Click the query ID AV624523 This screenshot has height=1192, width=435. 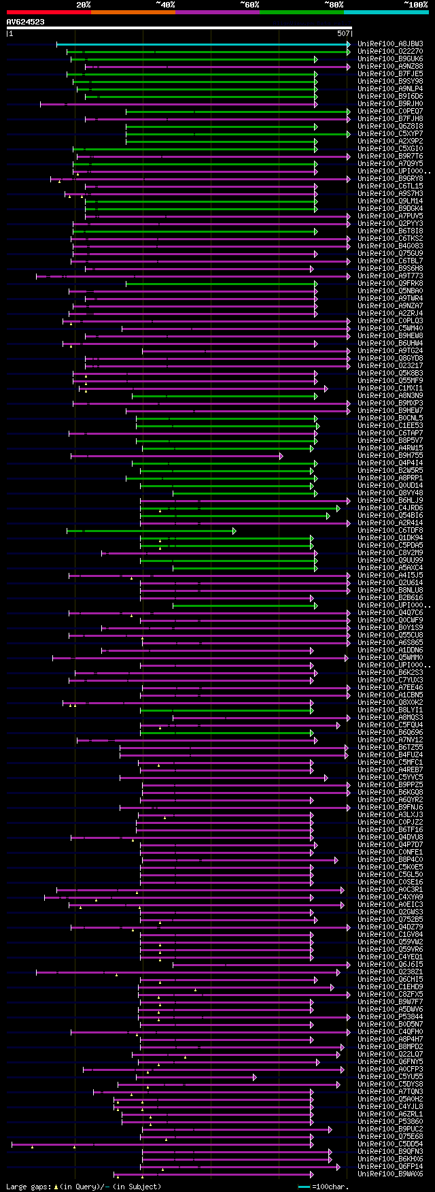[26, 22]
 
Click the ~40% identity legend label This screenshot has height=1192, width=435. [165, 5]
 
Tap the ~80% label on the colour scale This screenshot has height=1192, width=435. [334, 5]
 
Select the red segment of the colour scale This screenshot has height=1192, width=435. [48, 12]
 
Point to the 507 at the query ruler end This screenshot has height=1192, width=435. [343, 33]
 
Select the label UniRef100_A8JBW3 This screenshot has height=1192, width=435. [390, 44]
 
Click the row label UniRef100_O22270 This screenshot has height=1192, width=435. [390, 52]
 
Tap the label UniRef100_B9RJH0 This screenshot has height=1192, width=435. [390, 104]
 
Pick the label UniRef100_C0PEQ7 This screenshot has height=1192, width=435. [390, 112]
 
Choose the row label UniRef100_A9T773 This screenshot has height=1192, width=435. [390, 276]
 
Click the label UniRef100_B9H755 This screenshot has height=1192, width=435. [390, 456]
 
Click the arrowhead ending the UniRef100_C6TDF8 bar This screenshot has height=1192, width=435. [234, 531]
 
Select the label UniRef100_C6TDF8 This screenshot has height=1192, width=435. [390, 531]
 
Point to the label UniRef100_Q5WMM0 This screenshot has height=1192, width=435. [390, 658]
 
